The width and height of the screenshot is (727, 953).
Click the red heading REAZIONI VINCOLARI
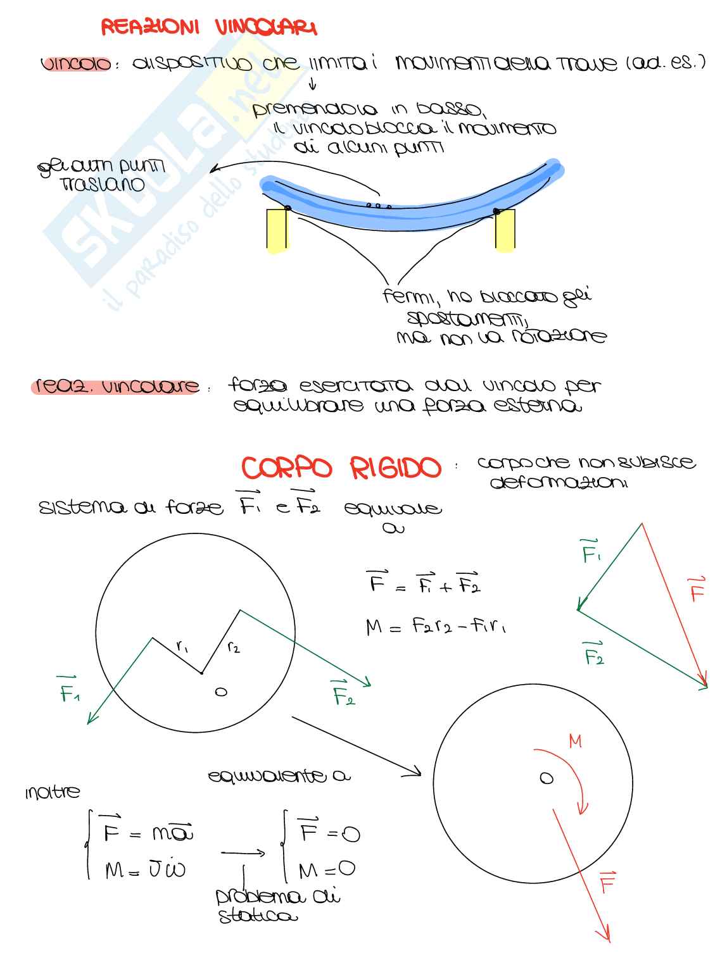209,27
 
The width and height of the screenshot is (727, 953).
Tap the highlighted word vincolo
77,65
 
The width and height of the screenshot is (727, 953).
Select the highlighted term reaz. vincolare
115,386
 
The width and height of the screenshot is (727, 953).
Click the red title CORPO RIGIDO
341,469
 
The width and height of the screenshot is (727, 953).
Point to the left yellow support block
277,230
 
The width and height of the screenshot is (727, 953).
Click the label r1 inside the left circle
182,646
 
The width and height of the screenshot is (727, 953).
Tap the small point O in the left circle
220,692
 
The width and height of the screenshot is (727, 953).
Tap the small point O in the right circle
546,778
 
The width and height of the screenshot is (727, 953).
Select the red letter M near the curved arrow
575,741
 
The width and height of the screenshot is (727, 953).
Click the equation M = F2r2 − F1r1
436,626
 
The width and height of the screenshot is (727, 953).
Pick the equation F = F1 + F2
424,583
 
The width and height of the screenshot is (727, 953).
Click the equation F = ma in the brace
148,832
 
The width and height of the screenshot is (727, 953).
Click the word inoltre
53,792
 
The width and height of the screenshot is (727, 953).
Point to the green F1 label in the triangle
591,551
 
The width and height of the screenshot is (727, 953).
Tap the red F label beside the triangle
697,589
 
